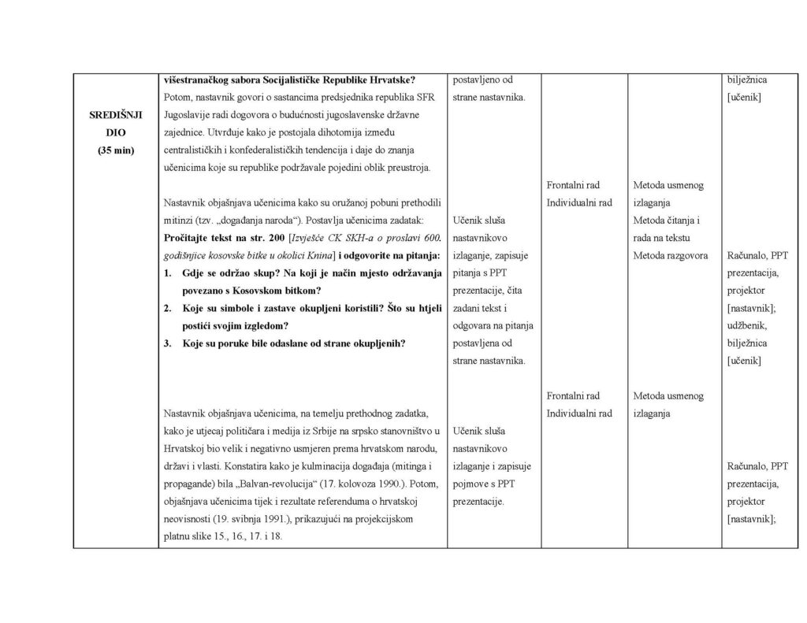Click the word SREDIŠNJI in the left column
[x=115, y=114]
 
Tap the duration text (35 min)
[x=115, y=150]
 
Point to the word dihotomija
[x=355, y=132]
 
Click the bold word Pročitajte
[x=191, y=237]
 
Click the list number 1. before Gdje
[x=168, y=273]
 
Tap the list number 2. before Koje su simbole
[x=168, y=308]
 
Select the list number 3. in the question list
[x=168, y=343]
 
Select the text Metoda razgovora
[x=671, y=255]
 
